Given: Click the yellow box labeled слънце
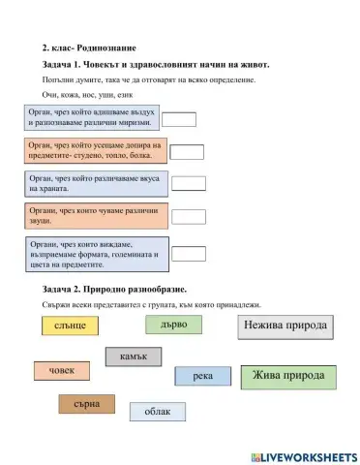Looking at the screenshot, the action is [71, 325].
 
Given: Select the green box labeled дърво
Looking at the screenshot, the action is [173, 324].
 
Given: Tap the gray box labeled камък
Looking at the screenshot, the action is [133, 357].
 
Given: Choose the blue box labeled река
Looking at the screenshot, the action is [202, 376].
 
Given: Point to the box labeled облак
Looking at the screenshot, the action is [157, 412].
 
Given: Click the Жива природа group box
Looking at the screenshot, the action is [287, 376].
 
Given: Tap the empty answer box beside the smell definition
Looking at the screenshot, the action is [179, 119].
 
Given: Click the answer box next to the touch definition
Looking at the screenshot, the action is [186, 151].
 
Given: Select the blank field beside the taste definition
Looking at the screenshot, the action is [189, 183].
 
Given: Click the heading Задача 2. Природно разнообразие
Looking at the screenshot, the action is [114, 290].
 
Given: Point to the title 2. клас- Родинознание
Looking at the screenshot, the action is [89, 47].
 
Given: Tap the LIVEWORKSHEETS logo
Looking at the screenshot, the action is [301, 455].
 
